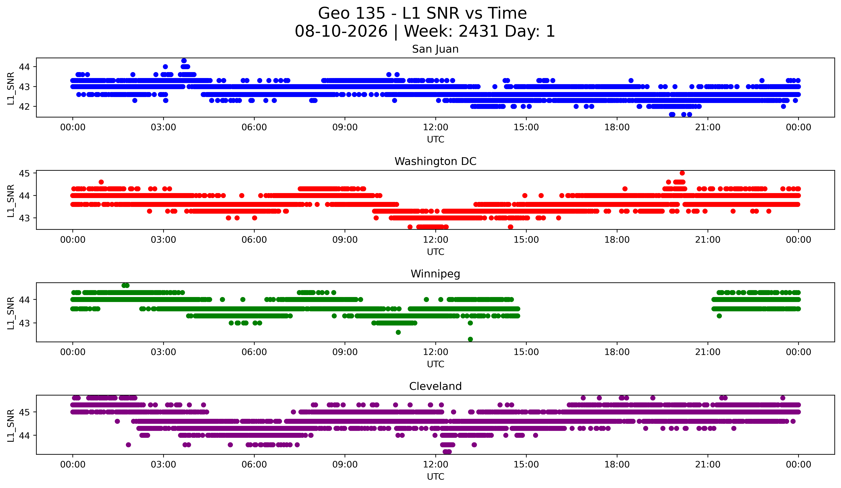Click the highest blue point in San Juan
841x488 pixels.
point(184,61)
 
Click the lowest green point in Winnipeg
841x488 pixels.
point(470,339)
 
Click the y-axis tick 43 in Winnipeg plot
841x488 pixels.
point(24,323)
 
